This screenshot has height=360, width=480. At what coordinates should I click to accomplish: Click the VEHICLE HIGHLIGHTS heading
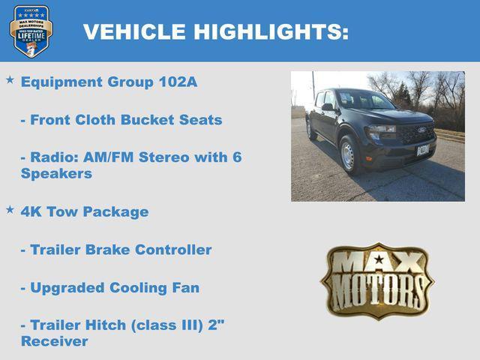coord(215,31)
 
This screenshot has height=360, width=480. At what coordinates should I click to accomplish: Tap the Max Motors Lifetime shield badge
coord(31,31)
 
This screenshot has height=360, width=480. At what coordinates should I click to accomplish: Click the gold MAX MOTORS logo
coord(377,280)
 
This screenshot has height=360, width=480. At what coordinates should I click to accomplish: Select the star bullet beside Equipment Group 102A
coord(10,79)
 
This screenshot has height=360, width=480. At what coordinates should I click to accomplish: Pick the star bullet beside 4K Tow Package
coord(10,209)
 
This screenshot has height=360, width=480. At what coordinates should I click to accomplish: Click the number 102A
coord(178,82)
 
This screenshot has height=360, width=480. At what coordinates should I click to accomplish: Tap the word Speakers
coord(56,173)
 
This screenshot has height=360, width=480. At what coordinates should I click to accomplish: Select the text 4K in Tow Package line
coord(31,211)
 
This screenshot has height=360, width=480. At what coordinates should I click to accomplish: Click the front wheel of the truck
coord(349,155)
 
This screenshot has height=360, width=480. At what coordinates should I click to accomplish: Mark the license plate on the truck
coord(423,150)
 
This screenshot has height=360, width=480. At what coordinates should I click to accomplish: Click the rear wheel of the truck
coord(310,130)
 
